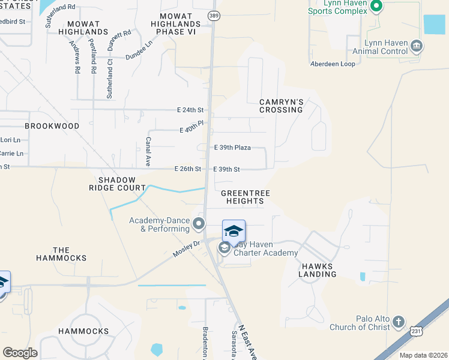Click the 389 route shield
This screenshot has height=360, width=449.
click(x=213, y=15)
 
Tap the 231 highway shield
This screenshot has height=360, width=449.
click(x=417, y=331)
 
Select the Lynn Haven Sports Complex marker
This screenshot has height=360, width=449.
click(x=376, y=7)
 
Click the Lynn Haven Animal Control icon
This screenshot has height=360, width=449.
click(x=416, y=46)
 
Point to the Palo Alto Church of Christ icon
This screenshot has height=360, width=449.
click(x=399, y=323)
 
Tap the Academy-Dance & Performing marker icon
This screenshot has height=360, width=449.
click(x=199, y=224)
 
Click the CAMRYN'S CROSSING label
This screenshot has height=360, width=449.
click(x=281, y=106)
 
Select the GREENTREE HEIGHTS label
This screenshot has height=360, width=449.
click(x=245, y=197)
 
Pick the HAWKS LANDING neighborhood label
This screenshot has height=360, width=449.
click(x=318, y=269)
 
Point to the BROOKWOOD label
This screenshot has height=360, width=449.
click(x=52, y=126)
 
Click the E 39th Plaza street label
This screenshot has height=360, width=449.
click(x=232, y=147)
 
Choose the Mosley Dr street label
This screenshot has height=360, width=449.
click(x=185, y=249)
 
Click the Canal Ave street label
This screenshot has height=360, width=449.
click(x=148, y=151)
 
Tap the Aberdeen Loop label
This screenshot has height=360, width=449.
click(x=333, y=64)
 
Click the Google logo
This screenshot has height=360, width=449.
click(x=20, y=353)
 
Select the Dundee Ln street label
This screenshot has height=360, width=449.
click(x=139, y=50)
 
